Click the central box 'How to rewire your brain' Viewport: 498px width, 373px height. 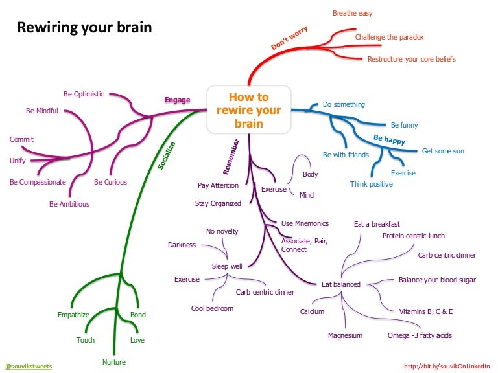point(249,109)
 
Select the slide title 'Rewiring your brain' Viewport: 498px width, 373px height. point(84,28)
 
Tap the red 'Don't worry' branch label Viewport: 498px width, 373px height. point(289,39)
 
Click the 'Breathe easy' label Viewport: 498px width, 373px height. point(352,13)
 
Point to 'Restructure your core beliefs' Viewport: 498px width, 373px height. point(411,59)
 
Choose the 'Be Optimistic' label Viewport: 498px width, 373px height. point(84,94)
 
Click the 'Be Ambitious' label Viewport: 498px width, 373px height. point(69,204)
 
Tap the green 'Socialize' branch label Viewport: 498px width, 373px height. point(167,155)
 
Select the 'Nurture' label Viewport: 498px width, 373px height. point(113,362)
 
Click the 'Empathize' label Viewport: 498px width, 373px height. point(73,315)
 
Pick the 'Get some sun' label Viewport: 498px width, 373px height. point(443,151)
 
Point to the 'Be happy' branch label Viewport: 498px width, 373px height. point(389,139)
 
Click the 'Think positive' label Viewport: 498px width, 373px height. point(372,184)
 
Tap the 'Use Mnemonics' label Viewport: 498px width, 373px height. point(305,223)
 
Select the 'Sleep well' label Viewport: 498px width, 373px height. point(227,266)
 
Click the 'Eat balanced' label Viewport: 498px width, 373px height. point(341,284)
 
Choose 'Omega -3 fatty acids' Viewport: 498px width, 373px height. point(420,335)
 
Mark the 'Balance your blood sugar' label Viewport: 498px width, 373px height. point(437,280)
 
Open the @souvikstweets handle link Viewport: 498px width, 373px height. point(28,367)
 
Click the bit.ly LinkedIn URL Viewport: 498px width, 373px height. point(447,367)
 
